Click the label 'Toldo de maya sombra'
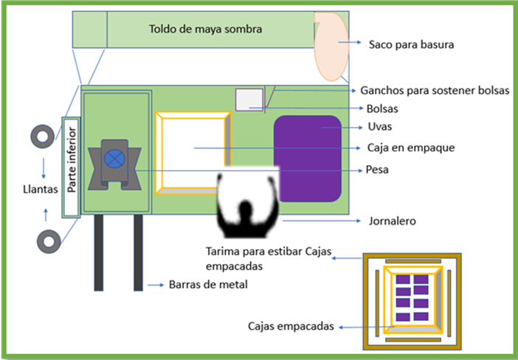(206, 30)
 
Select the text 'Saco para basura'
(411, 44)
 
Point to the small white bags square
(249, 100)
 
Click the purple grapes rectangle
(308, 159)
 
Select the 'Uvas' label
(379, 127)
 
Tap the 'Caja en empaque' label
(410, 148)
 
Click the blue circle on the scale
(114, 158)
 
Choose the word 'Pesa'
(377, 170)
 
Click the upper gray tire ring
(42, 136)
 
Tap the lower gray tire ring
(48, 241)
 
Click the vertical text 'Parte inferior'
(72, 167)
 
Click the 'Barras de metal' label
(207, 283)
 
